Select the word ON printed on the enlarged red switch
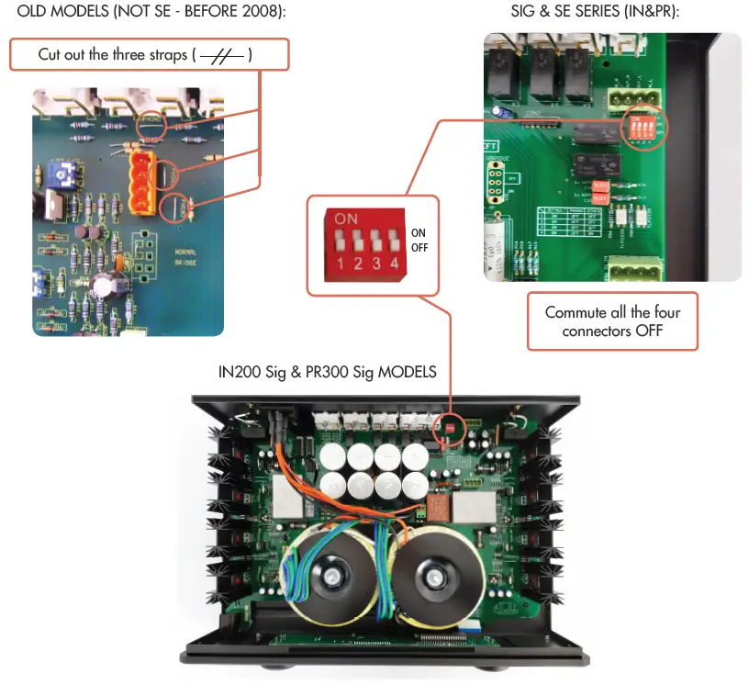pos(346,219)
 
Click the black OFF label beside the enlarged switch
pos(419,248)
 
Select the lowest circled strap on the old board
pos(176,208)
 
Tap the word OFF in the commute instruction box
pos(649,331)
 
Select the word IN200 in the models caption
pos(240,372)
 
